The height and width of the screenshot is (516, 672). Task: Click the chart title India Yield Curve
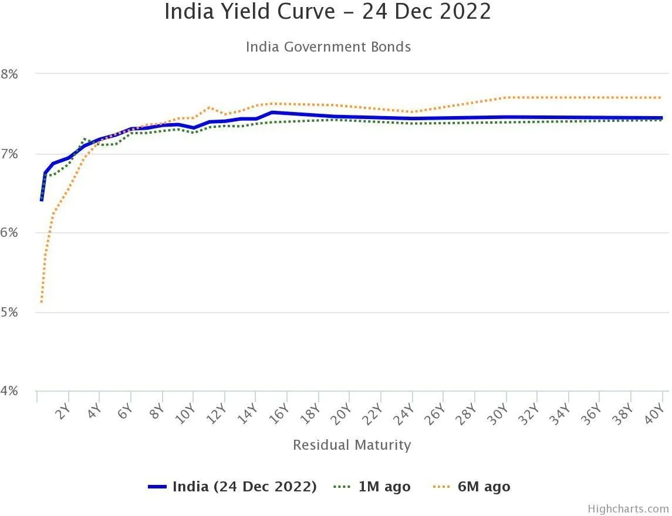[327, 12]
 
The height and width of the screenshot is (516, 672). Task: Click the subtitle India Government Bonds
[328, 47]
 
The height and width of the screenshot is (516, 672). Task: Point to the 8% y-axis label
[10, 74]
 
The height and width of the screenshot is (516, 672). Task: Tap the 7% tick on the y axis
[10, 154]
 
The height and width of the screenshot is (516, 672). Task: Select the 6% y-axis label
[10, 233]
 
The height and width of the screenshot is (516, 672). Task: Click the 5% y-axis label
[10, 313]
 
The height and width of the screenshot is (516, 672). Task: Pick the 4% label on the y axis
[10, 392]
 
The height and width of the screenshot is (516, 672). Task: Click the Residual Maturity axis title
[352, 445]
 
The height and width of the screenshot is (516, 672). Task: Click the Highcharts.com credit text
[628, 509]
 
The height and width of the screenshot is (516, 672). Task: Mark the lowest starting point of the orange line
[41, 303]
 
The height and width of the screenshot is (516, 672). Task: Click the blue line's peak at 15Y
[271, 112]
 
